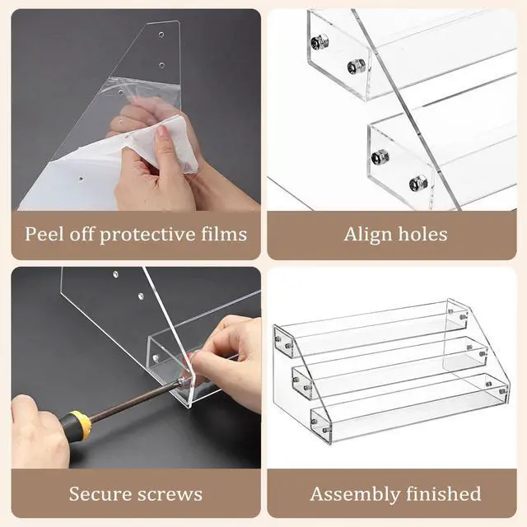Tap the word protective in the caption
[147, 235]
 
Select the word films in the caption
[224, 234]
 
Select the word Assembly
[354, 494]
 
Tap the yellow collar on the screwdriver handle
[83, 424]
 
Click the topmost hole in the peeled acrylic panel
[161, 35]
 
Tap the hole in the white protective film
[81, 178]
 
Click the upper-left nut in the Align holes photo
[319, 43]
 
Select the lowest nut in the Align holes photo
[418, 183]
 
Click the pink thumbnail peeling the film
[162, 131]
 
